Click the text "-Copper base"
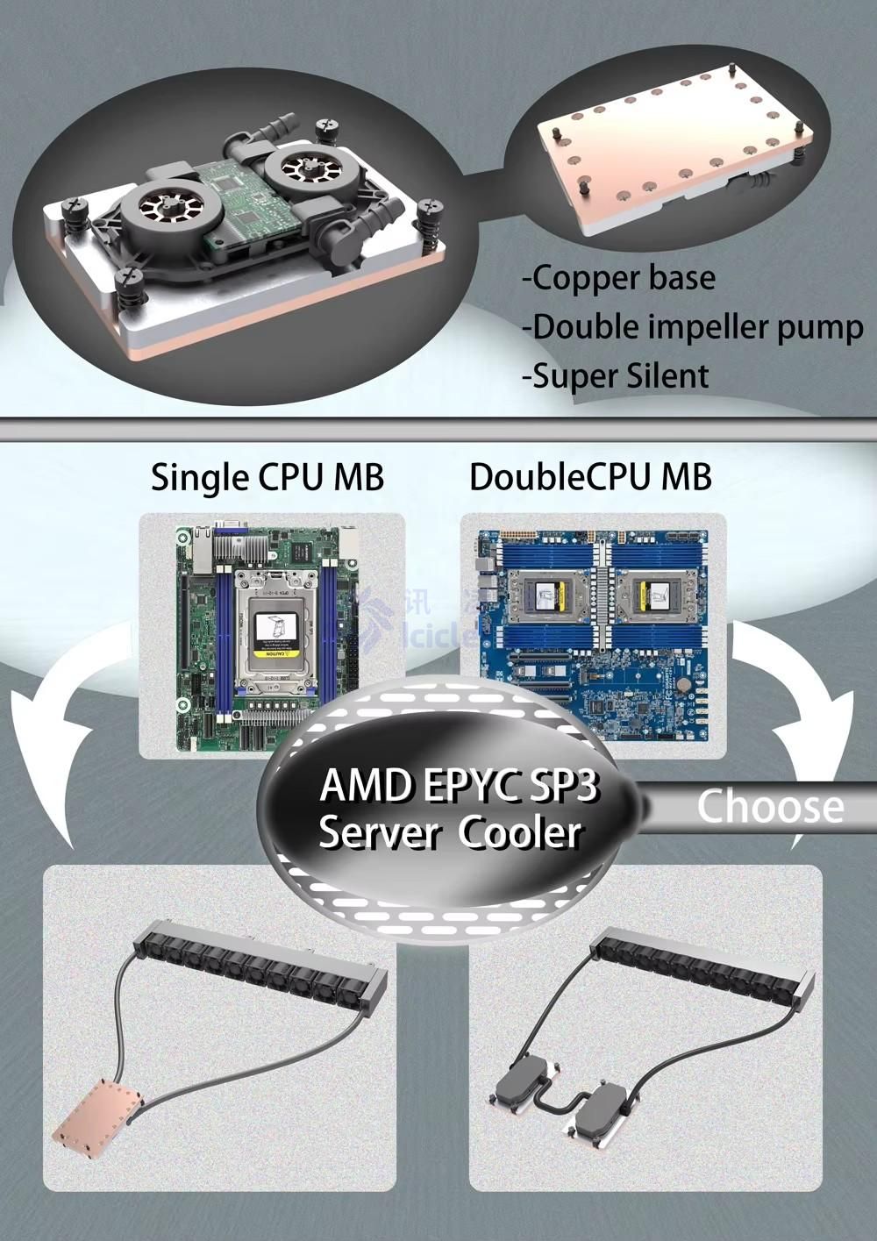pyautogui.click(x=618, y=278)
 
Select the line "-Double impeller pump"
pyautogui.click(x=692, y=327)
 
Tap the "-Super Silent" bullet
pyautogui.click(x=615, y=376)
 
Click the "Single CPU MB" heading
pyautogui.click(x=267, y=477)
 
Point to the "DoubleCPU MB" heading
pyautogui.click(x=590, y=477)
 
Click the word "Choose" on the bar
pyautogui.click(x=770, y=806)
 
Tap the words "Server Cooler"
pyautogui.click(x=450, y=832)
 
